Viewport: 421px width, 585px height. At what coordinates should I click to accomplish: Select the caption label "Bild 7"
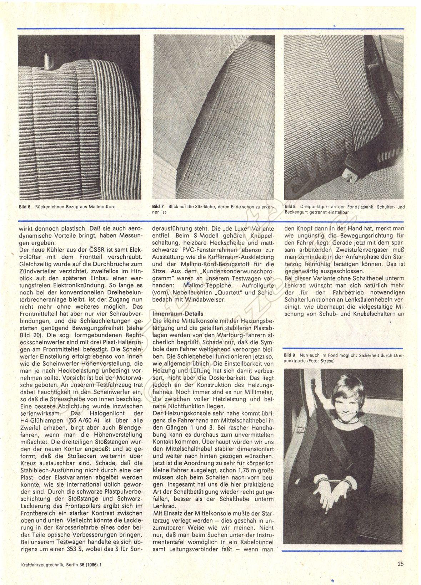click(x=158, y=206)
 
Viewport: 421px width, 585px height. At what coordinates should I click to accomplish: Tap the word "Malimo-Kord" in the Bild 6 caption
click(x=104, y=207)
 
